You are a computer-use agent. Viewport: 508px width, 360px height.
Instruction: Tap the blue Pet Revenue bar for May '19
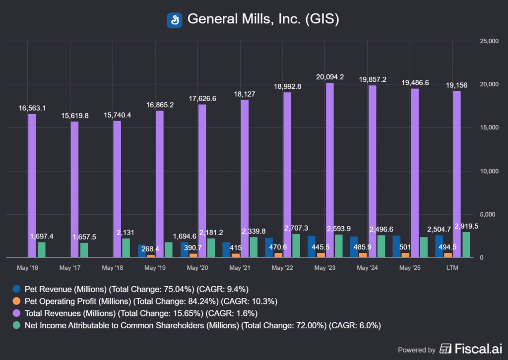click(x=142, y=251)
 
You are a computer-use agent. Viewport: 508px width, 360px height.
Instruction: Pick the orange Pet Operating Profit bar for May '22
click(x=278, y=255)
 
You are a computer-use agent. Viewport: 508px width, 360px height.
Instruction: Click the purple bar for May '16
click(x=32, y=186)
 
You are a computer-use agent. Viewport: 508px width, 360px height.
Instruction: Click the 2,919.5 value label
click(x=466, y=226)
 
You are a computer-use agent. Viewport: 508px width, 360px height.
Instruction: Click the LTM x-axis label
click(x=452, y=268)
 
